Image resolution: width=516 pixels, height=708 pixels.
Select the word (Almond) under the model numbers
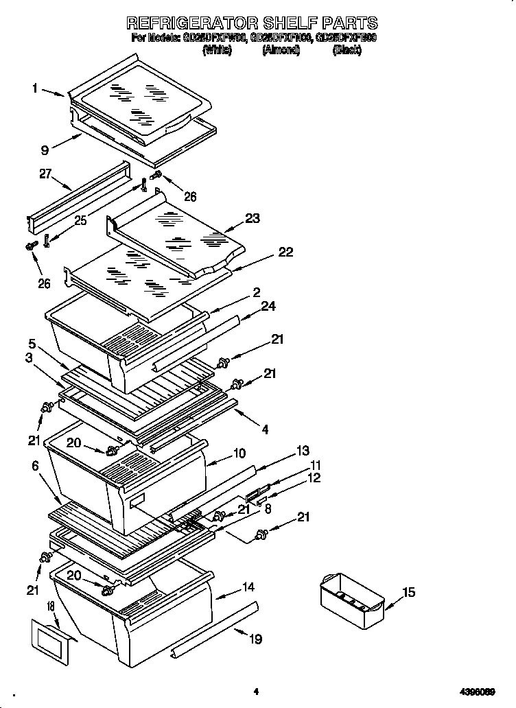pyautogui.click(x=281, y=51)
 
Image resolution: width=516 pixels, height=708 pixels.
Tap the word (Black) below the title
pyautogui.click(x=347, y=51)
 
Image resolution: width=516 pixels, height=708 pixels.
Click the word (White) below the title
pyautogui.click(x=218, y=51)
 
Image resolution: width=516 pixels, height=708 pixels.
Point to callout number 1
pyautogui.click(x=34, y=87)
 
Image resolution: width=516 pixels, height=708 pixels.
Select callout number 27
pyautogui.click(x=46, y=174)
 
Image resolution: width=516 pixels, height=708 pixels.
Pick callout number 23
pyautogui.click(x=253, y=219)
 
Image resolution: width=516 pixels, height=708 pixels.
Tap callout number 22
pyautogui.click(x=285, y=252)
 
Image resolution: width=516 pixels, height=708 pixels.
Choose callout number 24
pyautogui.click(x=268, y=306)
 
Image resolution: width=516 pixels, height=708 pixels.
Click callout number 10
pyautogui.click(x=239, y=453)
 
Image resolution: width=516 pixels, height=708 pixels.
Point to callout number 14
pyautogui.click(x=248, y=588)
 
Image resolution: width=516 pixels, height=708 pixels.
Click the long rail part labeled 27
pyautogui.click(x=75, y=199)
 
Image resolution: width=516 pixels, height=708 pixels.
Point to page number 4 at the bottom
pyautogui.click(x=255, y=692)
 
